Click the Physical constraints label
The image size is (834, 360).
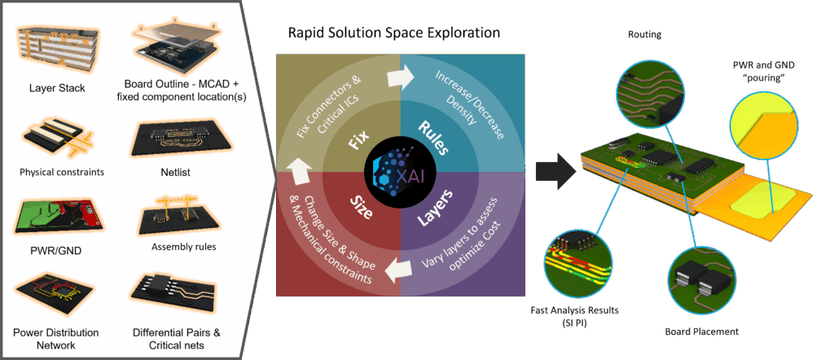(x=55, y=172)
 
